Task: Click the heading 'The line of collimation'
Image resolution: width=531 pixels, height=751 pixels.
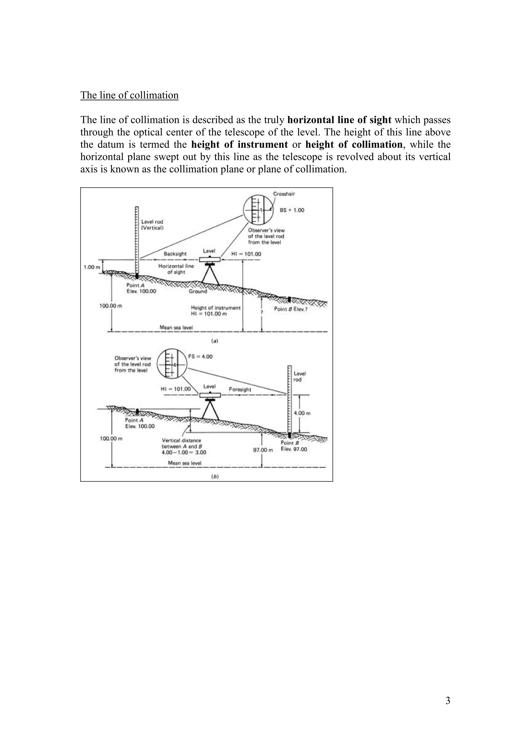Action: click(129, 95)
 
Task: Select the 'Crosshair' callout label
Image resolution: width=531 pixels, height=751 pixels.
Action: click(284, 194)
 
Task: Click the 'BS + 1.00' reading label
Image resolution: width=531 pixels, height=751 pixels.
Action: click(292, 210)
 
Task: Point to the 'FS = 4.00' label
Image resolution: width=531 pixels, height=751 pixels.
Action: click(200, 357)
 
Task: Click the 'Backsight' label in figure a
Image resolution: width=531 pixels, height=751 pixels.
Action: click(175, 254)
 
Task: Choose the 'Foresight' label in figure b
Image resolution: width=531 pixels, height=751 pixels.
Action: click(240, 390)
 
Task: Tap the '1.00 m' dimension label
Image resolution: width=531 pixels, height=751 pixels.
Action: click(92, 267)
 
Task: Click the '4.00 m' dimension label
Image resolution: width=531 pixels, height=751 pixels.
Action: click(302, 413)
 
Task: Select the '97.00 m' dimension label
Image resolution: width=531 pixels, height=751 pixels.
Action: click(263, 450)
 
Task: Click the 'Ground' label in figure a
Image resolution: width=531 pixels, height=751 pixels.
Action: click(198, 291)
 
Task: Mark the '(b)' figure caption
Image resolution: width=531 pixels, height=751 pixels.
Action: click(214, 477)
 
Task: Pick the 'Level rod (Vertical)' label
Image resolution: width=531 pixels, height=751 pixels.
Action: click(152, 225)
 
